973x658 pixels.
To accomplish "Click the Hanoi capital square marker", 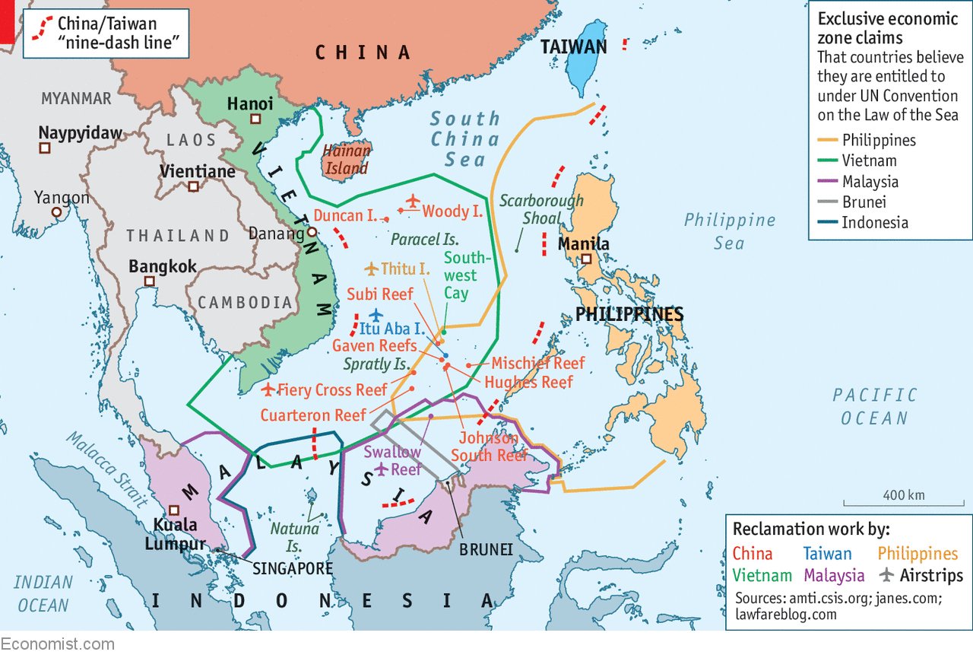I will pos(256,119).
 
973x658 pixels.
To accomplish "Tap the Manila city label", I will pos(583,244).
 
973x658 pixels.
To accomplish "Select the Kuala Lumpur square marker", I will pos(174,510).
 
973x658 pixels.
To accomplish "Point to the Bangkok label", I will pos(163,267).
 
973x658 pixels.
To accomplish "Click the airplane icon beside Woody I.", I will pos(412,202).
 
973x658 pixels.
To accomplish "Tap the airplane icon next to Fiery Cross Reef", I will pos(268,389).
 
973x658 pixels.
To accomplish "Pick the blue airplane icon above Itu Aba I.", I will pos(375,315).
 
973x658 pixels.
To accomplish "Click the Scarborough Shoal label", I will pos(540,209).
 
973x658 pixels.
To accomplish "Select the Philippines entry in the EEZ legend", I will pos(877,140).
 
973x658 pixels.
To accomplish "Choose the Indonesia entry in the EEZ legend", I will pos(874,223).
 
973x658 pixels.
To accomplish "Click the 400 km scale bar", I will pos(903,503).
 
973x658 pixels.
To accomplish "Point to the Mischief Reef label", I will pos(537,363).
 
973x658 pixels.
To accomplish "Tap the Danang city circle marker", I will pos(312,233).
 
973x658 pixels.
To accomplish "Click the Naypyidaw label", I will pos(80,133).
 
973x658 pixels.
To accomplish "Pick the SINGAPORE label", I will pos(293,568).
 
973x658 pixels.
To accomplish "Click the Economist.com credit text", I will pos(57,644).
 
